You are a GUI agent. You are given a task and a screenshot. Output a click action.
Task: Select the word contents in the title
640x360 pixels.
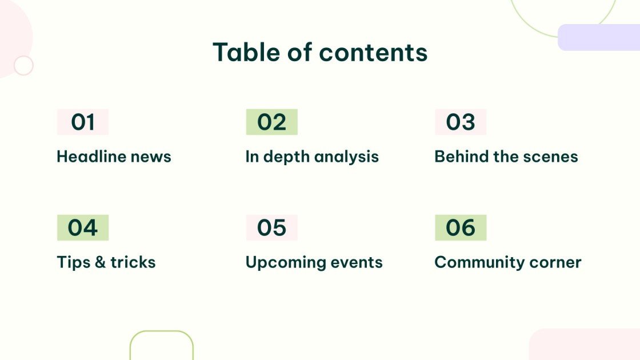point(373,53)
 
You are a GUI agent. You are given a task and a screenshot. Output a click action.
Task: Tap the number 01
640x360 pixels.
point(83,122)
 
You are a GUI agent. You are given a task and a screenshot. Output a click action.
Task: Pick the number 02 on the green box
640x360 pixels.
point(271,122)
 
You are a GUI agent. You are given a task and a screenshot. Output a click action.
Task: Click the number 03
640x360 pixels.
point(461,122)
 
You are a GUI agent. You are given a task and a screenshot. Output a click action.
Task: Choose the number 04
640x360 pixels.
point(83,228)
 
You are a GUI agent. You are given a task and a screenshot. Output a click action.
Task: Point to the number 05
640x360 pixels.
point(271,228)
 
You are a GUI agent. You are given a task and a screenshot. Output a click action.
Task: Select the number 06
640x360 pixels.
point(461,228)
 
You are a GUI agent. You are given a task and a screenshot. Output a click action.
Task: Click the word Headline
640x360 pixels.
point(91,157)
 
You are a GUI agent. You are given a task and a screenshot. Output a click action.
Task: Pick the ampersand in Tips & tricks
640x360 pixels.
point(100,262)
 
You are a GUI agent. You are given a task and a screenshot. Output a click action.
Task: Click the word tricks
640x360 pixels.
point(133,262)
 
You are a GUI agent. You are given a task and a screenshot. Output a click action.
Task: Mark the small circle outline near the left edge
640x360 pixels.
point(23,66)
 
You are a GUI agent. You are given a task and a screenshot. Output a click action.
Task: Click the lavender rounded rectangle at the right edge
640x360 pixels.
point(599,37)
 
